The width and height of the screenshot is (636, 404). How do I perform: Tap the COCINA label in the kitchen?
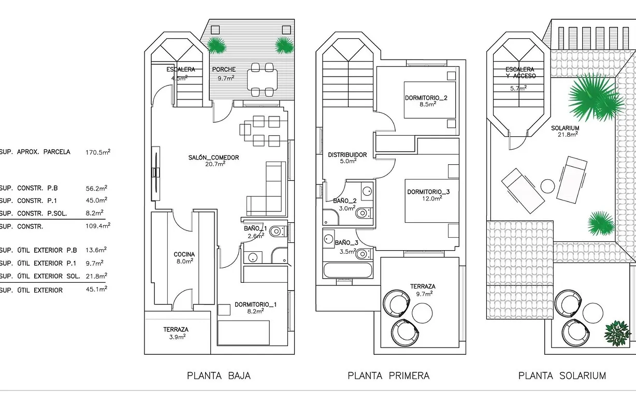(x=184, y=254)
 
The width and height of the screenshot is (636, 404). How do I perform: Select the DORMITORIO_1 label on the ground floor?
(x=255, y=305)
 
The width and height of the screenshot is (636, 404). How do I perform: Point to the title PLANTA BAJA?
(x=219, y=376)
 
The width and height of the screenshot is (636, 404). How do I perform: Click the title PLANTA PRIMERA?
(x=388, y=376)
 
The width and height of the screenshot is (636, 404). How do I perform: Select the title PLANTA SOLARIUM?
(x=562, y=376)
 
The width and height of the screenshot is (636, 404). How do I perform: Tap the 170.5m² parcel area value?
(x=97, y=152)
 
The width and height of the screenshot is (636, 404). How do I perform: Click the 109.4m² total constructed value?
(x=97, y=226)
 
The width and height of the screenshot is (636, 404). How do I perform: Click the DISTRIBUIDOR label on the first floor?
(x=348, y=155)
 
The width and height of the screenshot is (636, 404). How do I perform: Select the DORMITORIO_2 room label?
(x=426, y=98)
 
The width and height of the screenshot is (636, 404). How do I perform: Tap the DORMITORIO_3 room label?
(x=428, y=192)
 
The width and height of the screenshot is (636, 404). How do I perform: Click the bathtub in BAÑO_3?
(x=348, y=270)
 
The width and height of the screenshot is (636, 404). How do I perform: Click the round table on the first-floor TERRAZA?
(x=422, y=312)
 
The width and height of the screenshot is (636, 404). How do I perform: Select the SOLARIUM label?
(x=565, y=128)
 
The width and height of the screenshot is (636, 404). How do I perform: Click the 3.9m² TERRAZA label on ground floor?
(x=176, y=329)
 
